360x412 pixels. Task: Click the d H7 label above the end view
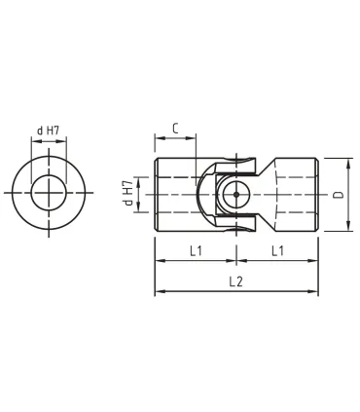(x=50, y=131)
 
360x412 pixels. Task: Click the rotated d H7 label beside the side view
(x=127, y=193)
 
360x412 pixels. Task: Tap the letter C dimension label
(x=174, y=128)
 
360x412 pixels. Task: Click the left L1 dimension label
(x=195, y=250)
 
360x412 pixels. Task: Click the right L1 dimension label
(x=277, y=250)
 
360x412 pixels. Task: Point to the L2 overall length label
(x=235, y=281)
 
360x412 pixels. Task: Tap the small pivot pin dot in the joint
(x=236, y=194)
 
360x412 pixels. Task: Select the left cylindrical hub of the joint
(x=175, y=194)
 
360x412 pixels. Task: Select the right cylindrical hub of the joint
(x=297, y=194)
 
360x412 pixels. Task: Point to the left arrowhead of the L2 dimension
(x=159, y=291)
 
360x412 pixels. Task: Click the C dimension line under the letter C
(x=175, y=139)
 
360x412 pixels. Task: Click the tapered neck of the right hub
(x=268, y=194)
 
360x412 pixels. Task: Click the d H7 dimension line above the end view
(x=49, y=141)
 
